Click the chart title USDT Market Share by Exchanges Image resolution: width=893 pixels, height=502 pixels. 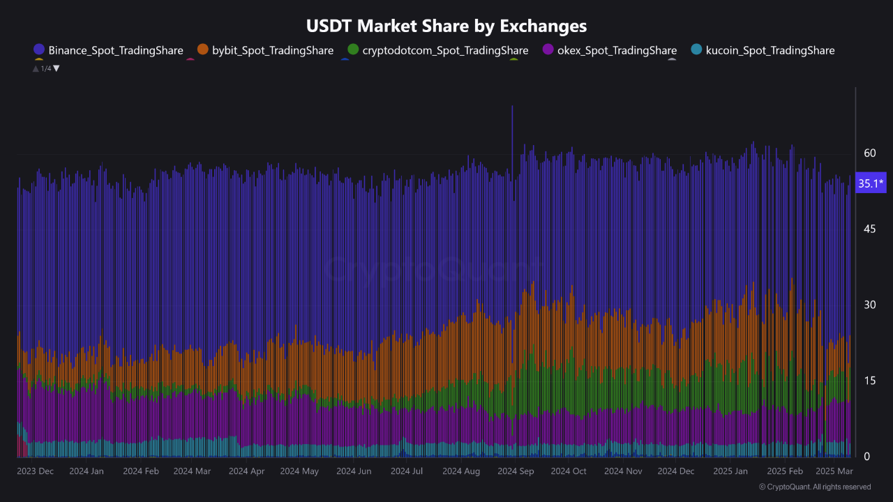click(446, 26)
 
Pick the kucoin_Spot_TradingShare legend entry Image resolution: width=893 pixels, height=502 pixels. click(770, 50)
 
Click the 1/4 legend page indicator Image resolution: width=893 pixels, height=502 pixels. click(46, 68)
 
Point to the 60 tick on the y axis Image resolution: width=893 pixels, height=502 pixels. click(869, 153)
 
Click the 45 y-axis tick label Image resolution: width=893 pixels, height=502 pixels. click(869, 229)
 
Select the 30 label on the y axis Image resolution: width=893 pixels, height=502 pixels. click(869, 305)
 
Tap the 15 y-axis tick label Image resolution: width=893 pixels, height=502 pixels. click(869, 381)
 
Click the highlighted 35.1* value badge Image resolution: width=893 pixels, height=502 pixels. click(871, 184)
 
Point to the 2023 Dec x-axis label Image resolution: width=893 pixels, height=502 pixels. click(35, 471)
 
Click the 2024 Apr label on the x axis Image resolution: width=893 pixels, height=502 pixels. click(246, 471)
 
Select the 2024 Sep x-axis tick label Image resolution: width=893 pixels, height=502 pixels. click(516, 471)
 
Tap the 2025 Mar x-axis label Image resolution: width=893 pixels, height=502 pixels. click(834, 471)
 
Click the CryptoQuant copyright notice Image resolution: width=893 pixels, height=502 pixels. click(814, 487)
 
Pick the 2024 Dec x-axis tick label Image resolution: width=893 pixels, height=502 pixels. click(677, 471)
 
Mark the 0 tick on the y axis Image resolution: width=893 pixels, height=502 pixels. click(867, 457)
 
